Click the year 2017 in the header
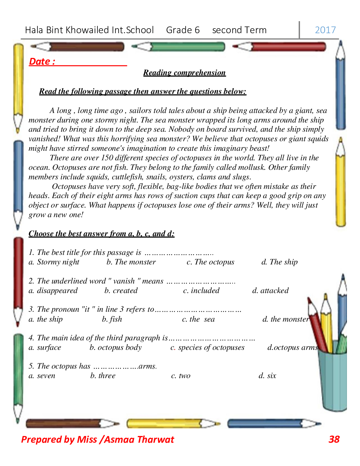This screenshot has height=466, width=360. (325, 30)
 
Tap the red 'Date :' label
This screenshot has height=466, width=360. (42, 61)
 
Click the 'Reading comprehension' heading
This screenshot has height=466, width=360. (184, 73)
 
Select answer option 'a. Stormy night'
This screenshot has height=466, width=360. (54, 262)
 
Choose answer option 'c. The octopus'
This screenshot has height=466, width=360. (210, 262)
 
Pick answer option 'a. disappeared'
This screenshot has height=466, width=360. (53, 291)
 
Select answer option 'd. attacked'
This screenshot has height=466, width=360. (270, 291)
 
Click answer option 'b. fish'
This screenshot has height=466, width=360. (112, 319)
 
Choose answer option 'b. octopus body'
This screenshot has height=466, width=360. (115, 347)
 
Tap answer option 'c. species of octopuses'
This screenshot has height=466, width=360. (208, 347)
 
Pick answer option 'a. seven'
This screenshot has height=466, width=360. (42, 376)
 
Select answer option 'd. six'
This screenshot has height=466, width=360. (267, 376)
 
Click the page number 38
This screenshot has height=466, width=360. (334, 439)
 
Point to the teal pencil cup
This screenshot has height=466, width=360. (332, 381)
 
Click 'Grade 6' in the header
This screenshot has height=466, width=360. (183, 30)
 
